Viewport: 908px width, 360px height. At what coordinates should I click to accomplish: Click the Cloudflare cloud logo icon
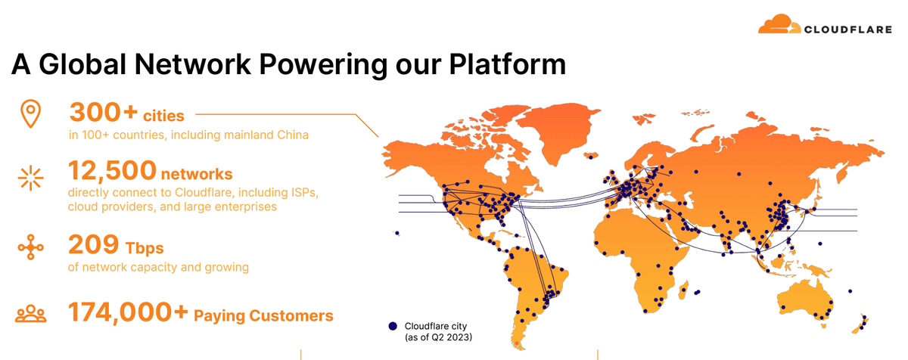coord(779,24)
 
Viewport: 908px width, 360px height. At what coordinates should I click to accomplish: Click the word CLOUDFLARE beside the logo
coord(848,29)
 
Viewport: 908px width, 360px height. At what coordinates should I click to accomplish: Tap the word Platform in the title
coord(507,64)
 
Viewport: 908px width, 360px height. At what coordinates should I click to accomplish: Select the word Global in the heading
coord(82,64)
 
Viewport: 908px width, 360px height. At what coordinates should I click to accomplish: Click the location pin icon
coord(31,113)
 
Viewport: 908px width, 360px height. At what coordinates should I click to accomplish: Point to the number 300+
coord(104,112)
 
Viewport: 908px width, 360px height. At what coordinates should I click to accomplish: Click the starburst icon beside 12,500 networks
coord(31,178)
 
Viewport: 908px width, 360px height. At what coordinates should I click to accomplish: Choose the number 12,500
coord(112,170)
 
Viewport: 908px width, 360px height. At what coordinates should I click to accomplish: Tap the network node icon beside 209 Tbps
coord(31,247)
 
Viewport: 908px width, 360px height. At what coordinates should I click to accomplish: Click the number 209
coord(94,244)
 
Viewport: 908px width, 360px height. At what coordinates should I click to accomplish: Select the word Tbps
coord(145,248)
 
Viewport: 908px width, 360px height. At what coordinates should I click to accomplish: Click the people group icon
coord(31,314)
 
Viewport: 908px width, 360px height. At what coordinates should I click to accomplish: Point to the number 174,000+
coord(128,312)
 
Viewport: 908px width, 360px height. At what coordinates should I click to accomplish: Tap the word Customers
coord(291,315)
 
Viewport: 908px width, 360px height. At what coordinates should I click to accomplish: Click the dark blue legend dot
coord(393,326)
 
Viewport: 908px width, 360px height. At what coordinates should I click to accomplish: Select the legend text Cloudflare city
coord(436,326)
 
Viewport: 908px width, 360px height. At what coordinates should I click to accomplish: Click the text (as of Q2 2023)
coord(438,337)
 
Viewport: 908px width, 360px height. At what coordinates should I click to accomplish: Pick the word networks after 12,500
coord(197,174)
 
